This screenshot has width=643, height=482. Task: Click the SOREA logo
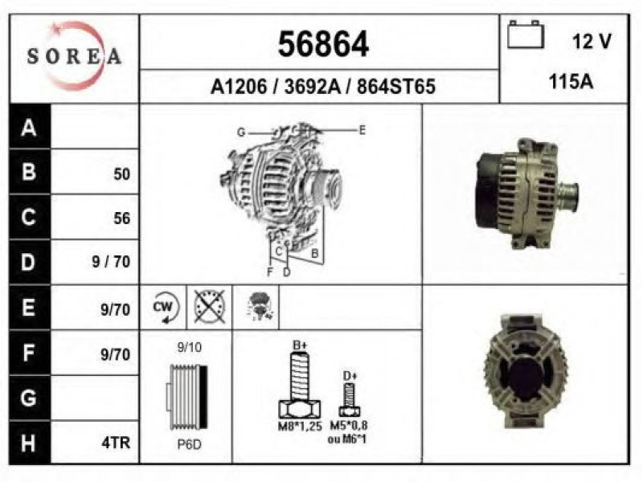click(x=74, y=56)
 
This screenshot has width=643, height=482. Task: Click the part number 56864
click(x=323, y=44)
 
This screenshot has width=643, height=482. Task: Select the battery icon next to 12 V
click(x=526, y=35)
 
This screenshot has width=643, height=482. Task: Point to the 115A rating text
click(x=571, y=82)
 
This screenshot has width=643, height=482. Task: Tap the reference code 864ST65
click(x=395, y=87)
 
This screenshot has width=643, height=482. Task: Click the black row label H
click(x=29, y=443)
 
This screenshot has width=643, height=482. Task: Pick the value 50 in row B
click(x=122, y=174)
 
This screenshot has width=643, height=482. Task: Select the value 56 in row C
click(x=122, y=219)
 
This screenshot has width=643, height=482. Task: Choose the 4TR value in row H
click(x=116, y=443)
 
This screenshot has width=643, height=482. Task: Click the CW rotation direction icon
click(x=166, y=308)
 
